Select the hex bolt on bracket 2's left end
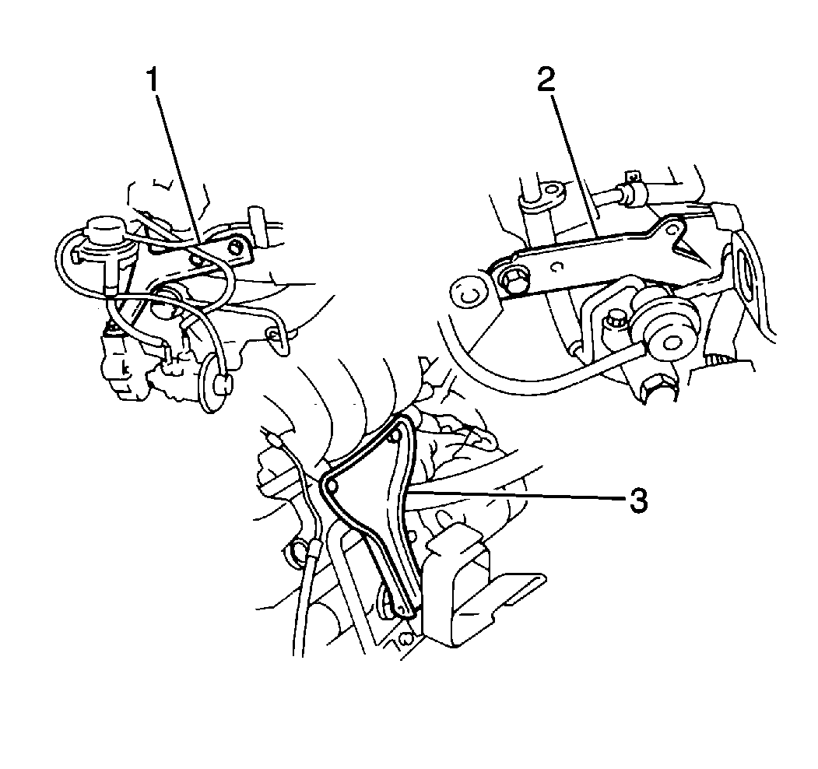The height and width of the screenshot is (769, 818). pyautogui.click(x=514, y=281)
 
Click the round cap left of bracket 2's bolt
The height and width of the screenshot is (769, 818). pyautogui.click(x=467, y=293)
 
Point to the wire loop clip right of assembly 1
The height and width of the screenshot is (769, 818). pyautogui.click(x=274, y=335)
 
